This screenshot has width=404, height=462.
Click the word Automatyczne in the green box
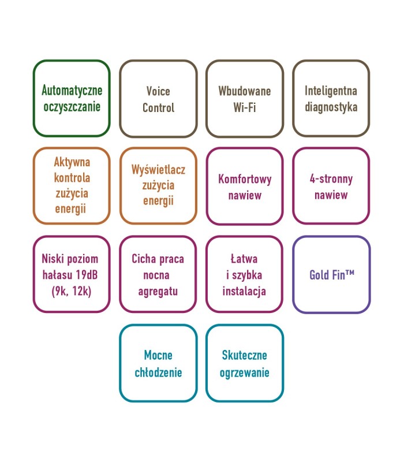pos(72,91)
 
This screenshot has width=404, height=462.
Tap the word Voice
pos(158,91)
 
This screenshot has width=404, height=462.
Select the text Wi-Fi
pos(244,107)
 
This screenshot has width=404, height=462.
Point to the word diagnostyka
pos(331,107)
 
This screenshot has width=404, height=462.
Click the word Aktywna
pos(72,162)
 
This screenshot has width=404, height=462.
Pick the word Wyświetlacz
pos(158,170)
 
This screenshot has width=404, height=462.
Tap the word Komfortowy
pos(244,179)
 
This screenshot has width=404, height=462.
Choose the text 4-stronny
pos(331,179)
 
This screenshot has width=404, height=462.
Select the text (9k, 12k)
pos(72,291)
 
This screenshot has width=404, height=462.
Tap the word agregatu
pos(158,291)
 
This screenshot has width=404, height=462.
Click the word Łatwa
pos(244,259)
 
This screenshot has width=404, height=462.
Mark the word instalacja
pos(244,291)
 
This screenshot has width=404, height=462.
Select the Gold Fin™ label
pos(331,275)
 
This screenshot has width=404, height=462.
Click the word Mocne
pos(158,356)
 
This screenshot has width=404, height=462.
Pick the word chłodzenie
pos(158,372)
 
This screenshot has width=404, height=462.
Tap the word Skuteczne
pos(244,356)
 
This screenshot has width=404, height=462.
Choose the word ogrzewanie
pos(244,372)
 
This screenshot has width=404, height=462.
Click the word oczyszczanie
pos(72,107)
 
